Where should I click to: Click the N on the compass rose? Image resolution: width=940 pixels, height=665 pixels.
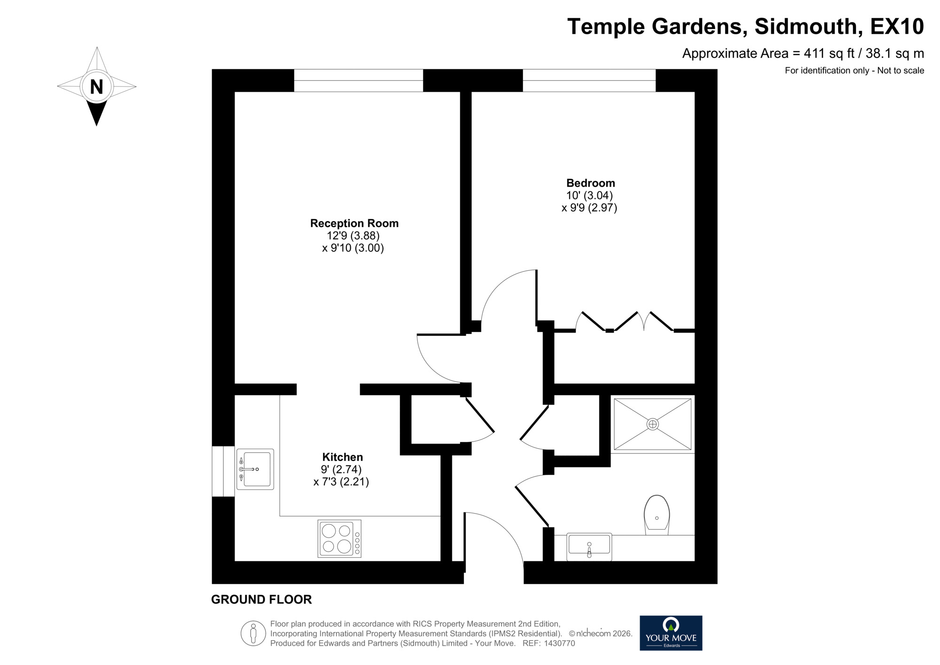[x=96, y=87]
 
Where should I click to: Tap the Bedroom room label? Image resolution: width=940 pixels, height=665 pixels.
[x=590, y=183]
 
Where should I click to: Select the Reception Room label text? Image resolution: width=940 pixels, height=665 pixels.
[x=354, y=223]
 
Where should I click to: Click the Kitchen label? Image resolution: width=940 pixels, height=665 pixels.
[x=342, y=457]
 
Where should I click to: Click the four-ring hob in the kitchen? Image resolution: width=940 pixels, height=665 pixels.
[x=339, y=538]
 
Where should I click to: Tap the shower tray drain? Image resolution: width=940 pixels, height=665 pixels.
[x=652, y=424]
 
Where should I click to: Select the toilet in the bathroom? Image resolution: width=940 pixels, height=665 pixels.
[x=657, y=515]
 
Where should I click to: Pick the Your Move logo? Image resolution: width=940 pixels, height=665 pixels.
[x=671, y=633]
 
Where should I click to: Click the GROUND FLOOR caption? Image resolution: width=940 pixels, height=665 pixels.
[x=261, y=600]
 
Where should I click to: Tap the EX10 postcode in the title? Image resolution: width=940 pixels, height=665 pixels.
[x=897, y=26]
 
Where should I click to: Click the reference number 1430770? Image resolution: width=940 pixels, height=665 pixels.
[x=559, y=643]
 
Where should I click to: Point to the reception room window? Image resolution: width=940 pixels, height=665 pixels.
[x=358, y=80]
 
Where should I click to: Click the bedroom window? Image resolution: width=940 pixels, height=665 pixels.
[x=589, y=80]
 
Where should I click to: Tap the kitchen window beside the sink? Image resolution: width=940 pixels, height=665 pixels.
[x=223, y=471]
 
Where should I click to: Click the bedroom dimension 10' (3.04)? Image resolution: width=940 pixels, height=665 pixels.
[x=589, y=195]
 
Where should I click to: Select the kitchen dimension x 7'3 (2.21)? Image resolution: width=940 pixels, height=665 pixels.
[x=341, y=482]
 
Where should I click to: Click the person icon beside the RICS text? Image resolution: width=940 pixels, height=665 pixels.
[x=253, y=633]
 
